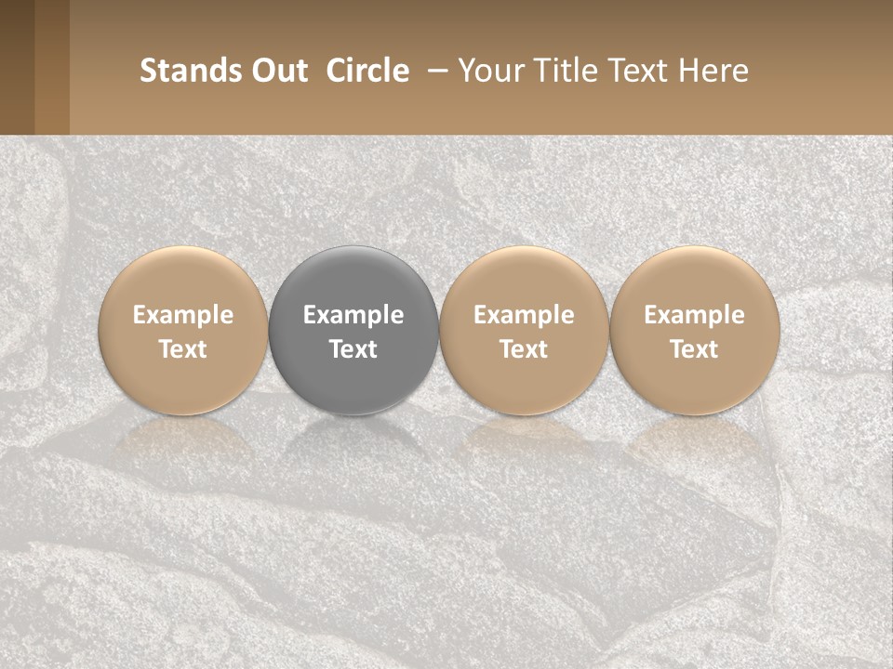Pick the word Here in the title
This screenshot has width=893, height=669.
tap(714, 71)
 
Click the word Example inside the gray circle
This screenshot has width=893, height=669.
tap(353, 315)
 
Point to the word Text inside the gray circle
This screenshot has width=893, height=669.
tap(353, 349)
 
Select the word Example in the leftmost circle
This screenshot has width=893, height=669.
tap(183, 315)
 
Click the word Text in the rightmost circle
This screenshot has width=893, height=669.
tap(694, 349)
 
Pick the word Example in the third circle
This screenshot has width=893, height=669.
tap(524, 315)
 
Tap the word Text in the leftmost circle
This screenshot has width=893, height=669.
tap(183, 349)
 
